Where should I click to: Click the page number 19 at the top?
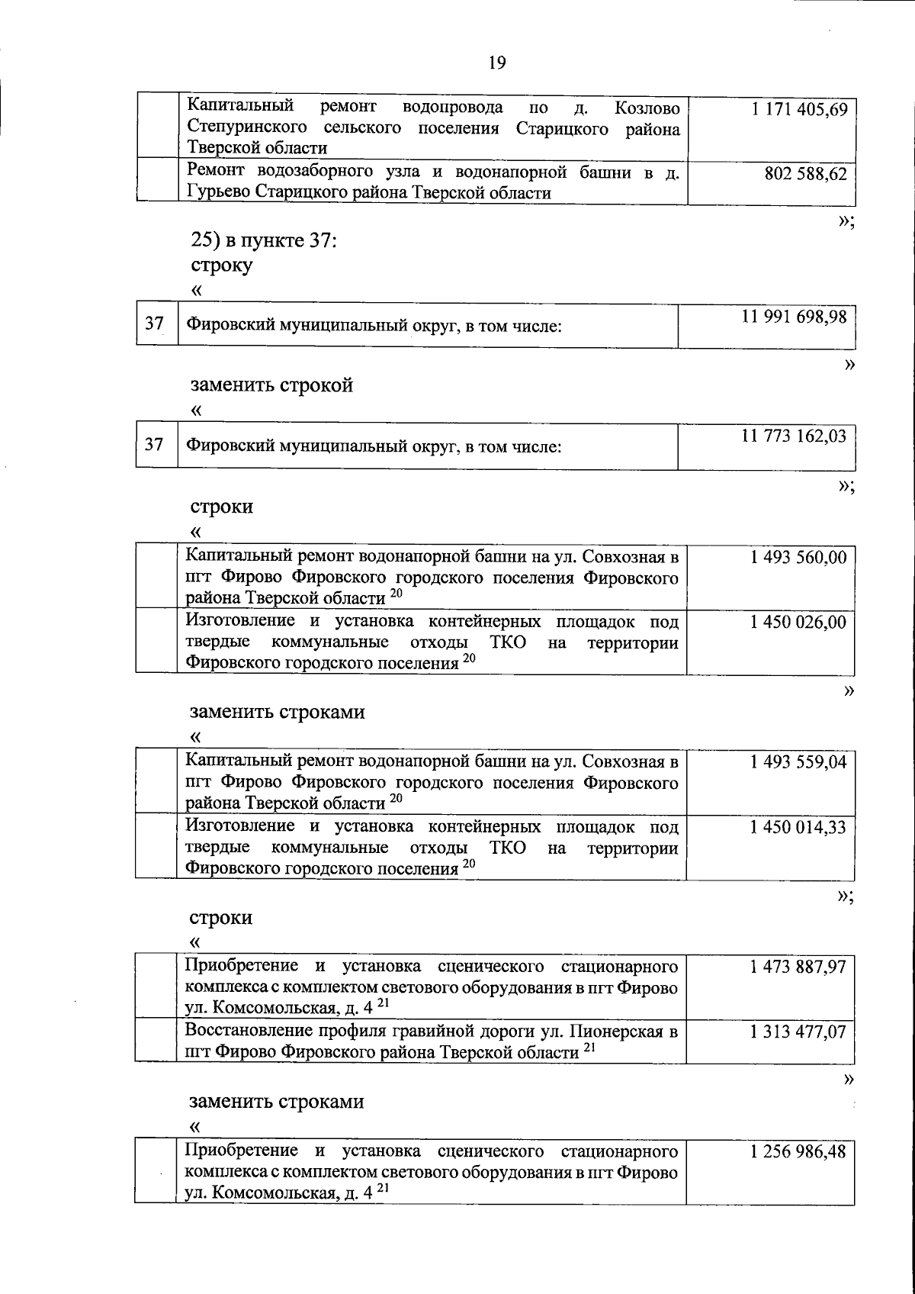tap(496, 63)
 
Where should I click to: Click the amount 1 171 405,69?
tap(798, 109)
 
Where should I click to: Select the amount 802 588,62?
tap(805, 174)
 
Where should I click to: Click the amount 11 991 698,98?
tap(794, 317)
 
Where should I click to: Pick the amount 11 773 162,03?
tap(794, 437)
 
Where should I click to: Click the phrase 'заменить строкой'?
tap(271, 385)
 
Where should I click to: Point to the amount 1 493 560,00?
tap(798, 558)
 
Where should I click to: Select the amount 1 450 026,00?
tap(798, 623)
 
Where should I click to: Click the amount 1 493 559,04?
tap(798, 762)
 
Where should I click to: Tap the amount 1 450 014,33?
tap(798, 827)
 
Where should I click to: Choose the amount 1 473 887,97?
tap(798, 967)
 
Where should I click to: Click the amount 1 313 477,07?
tap(798, 1032)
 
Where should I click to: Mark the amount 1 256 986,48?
tap(798, 1151)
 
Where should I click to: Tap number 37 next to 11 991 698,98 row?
tap(154, 323)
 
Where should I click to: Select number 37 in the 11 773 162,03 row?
tap(154, 444)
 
